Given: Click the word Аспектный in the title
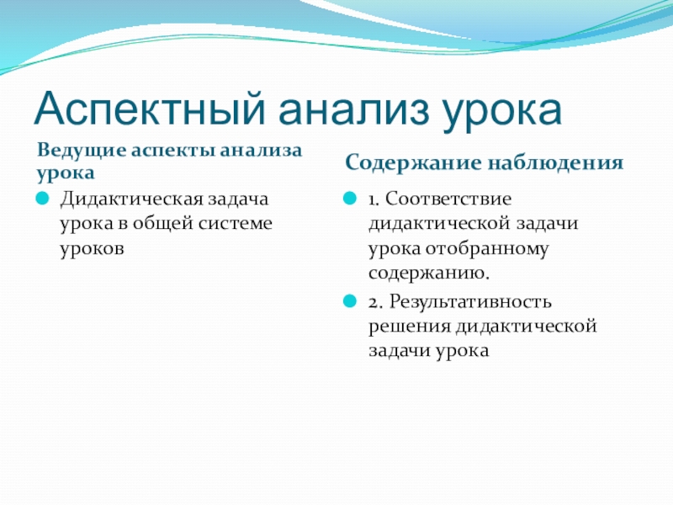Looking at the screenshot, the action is pyautogui.click(x=150, y=109).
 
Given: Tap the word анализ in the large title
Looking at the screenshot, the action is pyautogui.click(x=353, y=110).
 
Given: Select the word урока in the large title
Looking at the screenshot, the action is pyautogui.click(x=502, y=114).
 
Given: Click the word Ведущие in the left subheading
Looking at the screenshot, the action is pyautogui.click(x=82, y=151).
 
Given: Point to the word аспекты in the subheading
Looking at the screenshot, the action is pyautogui.click(x=173, y=151).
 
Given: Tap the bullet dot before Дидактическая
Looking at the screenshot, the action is pyautogui.click(x=42, y=199).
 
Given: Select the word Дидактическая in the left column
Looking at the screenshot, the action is pyautogui.click(x=131, y=199).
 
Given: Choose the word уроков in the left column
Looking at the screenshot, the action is pyautogui.click(x=92, y=249).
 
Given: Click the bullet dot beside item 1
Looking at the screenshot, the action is pyautogui.click(x=350, y=199).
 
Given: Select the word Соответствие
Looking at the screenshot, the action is pyautogui.click(x=448, y=199).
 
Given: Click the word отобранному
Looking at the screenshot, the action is pyautogui.click(x=487, y=249).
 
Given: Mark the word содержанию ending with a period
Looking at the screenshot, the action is pyautogui.click(x=429, y=274).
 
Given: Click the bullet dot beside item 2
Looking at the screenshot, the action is pyautogui.click(x=350, y=301).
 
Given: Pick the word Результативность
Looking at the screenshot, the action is pyautogui.click(x=470, y=302).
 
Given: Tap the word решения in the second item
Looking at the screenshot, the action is pyautogui.click(x=410, y=327).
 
